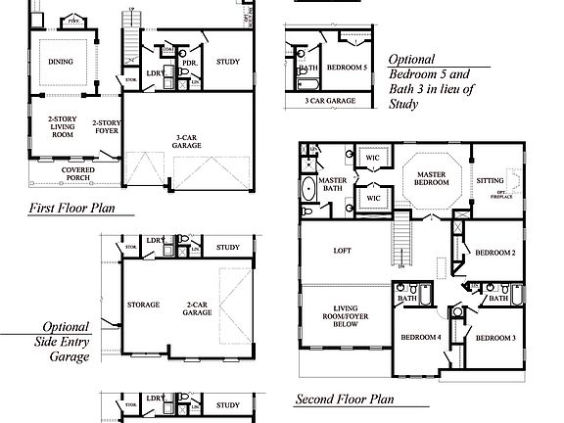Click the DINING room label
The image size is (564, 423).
[x=60, y=61]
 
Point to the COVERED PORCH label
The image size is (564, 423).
[x=77, y=174]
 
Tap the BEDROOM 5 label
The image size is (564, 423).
[x=347, y=68]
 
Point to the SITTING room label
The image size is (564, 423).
[x=490, y=180]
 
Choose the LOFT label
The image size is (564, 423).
[x=343, y=251]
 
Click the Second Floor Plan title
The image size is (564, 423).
[x=345, y=399]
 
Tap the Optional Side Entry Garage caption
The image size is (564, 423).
[x=66, y=343]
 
